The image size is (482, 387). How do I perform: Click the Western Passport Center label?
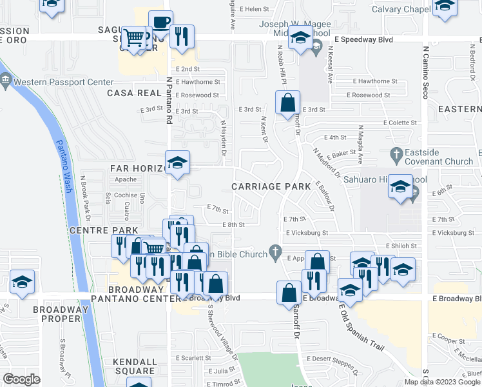[x=63, y=83]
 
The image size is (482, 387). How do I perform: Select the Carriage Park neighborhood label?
[x=266, y=186]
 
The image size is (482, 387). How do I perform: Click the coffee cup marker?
[x=160, y=24]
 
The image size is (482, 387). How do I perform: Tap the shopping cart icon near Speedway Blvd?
[x=134, y=38]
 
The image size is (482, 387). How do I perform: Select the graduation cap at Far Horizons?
[x=177, y=163]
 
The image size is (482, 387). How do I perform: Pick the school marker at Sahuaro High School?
[x=400, y=186]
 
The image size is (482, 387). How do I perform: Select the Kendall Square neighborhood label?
[x=134, y=366]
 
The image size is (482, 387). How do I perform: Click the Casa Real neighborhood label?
[x=134, y=93]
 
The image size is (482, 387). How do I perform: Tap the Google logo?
[x=21, y=379]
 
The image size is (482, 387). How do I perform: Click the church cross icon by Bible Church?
[x=275, y=251]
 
